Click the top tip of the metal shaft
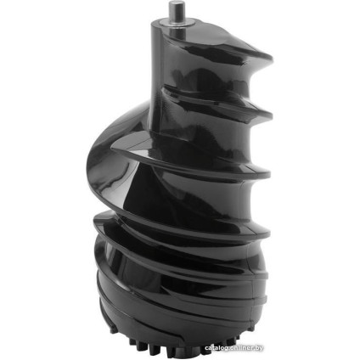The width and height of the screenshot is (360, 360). pyautogui.click(x=176, y=3)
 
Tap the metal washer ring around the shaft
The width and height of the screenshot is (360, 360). pyautogui.click(x=177, y=22)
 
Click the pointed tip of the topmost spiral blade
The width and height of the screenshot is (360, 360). pyautogui.click(x=271, y=59)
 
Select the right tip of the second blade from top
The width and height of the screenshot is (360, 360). pyautogui.click(x=271, y=115)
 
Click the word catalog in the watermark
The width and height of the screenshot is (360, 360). pyautogui.click(x=217, y=348)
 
